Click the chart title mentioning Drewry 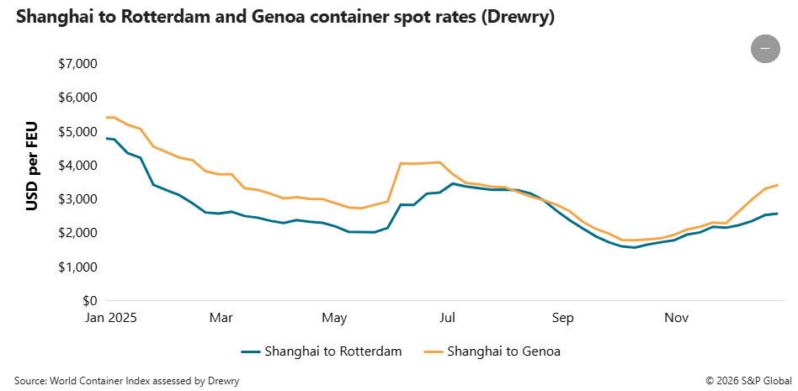[285, 17]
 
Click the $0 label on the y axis [89, 301]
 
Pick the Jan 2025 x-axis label [109, 319]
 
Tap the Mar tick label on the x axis [221, 319]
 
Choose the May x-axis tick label [335, 319]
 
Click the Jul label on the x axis [448, 319]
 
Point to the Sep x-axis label [563, 319]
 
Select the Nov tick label [677, 319]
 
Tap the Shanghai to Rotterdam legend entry [321, 351]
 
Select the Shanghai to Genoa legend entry [492, 351]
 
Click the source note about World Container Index [126, 381]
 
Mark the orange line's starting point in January [107, 118]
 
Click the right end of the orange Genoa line [776, 185]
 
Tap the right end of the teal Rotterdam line [776, 214]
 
